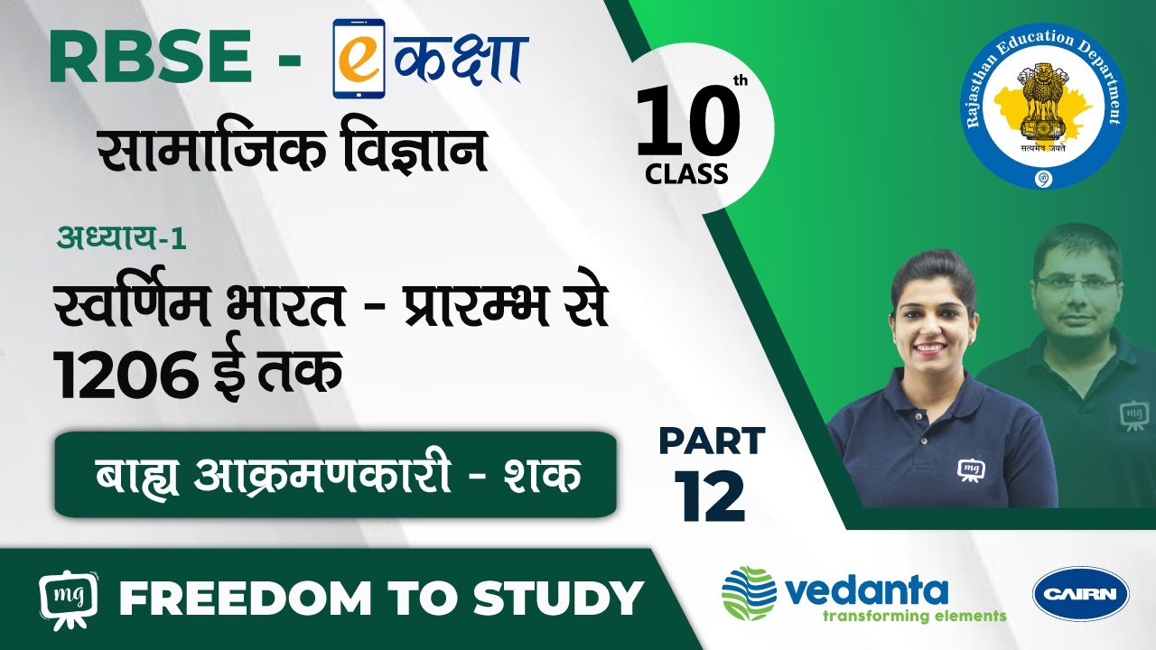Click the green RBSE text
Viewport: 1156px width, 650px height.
point(151,56)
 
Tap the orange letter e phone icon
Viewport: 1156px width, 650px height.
point(359,59)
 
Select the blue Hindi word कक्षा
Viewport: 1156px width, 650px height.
point(460,59)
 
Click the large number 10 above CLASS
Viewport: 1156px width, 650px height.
point(688,123)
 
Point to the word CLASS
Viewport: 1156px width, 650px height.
point(686,174)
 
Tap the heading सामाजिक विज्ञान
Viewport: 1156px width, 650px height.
point(293,150)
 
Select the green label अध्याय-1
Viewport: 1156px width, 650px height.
point(122,239)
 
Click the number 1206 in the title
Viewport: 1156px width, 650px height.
point(126,373)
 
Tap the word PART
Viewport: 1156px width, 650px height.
point(713,441)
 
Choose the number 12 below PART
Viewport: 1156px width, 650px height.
point(710,497)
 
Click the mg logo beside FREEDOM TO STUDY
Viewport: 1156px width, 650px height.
point(70,599)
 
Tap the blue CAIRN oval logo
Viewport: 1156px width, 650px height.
point(1081,594)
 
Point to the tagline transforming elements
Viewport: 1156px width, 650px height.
point(915,616)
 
